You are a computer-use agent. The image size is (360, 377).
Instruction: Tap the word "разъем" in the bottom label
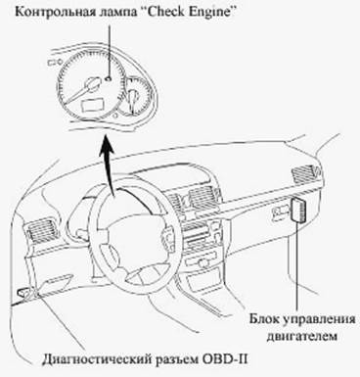click(x=177, y=360)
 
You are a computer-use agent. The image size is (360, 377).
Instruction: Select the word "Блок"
click(x=263, y=318)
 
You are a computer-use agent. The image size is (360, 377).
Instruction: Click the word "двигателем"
click(x=301, y=336)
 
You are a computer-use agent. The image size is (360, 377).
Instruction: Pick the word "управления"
click(x=318, y=319)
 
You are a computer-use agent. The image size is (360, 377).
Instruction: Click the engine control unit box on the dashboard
click(x=298, y=211)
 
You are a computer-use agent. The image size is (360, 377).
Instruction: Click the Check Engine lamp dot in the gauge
click(x=109, y=78)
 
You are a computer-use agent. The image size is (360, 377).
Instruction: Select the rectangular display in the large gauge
click(x=92, y=106)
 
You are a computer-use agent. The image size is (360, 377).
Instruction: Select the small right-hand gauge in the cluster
click(x=135, y=97)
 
